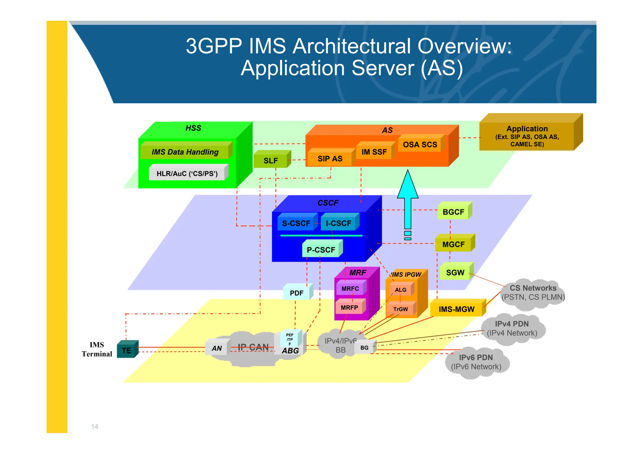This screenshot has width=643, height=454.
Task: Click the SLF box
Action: coord(271,160)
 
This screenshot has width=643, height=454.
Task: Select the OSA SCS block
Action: coord(420,145)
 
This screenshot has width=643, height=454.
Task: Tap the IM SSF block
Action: coord(374,152)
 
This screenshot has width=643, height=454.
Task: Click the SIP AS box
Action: coord(330,159)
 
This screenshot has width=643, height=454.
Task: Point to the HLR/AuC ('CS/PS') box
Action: coord(187,174)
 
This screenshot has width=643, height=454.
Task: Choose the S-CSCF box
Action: coord(296,223)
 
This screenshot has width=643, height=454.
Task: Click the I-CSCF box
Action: coord(338,223)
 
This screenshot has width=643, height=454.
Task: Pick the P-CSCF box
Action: coord(321,250)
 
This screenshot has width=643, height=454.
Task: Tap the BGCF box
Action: coord(453,212)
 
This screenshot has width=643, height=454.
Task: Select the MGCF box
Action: coord(453,244)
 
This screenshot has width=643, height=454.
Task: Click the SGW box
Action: coord(455,273)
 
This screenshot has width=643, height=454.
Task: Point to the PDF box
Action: coord(296,293)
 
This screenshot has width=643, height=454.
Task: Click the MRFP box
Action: coord(349,307)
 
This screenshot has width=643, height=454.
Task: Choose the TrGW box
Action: coord(400,309)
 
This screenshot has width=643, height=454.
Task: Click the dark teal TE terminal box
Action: coord(127,350)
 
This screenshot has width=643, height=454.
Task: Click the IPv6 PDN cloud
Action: coord(476,362)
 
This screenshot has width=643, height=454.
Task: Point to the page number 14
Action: coord(95,426)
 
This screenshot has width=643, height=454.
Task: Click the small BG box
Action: coord(364,348)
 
